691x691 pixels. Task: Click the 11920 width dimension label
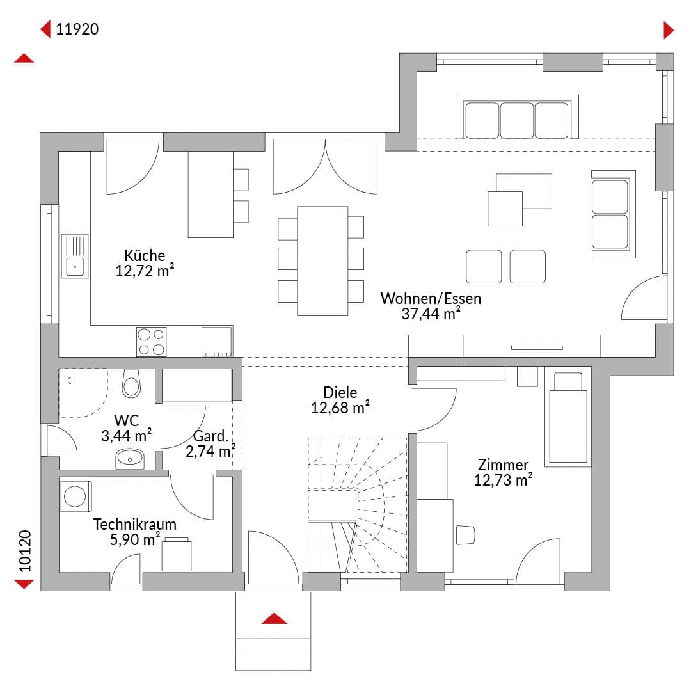click(77, 29)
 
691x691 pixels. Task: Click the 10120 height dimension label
click(25, 551)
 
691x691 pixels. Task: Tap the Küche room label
click(145, 255)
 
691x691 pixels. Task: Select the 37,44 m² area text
click(431, 314)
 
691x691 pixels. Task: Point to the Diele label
click(340, 392)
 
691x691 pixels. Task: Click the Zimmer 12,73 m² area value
click(504, 480)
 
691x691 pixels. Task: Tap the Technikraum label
click(134, 525)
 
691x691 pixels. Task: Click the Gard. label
click(210, 436)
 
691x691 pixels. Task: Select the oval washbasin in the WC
click(129, 459)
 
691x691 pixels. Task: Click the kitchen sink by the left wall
click(75, 256)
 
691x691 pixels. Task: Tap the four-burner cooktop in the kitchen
click(151, 342)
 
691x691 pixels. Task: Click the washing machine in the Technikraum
click(75, 496)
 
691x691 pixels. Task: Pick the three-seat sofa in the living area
click(517, 117)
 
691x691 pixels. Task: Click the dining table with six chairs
click(322, 261)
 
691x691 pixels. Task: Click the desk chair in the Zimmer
click(465, 535)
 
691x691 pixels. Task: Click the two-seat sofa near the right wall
click(614, 214)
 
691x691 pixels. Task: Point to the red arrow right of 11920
click(669, 30)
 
